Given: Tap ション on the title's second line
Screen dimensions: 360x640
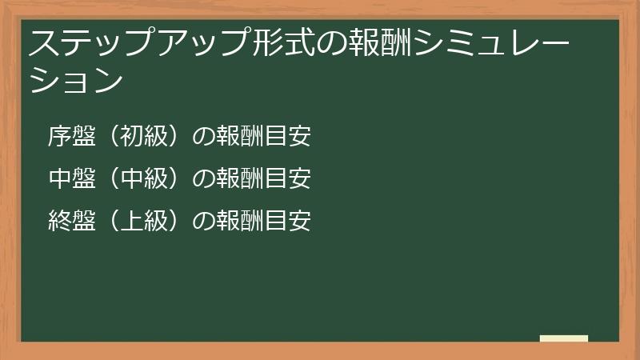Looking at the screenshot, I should click(77, 82).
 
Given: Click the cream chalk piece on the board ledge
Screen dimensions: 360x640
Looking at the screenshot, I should click(564, 338).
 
